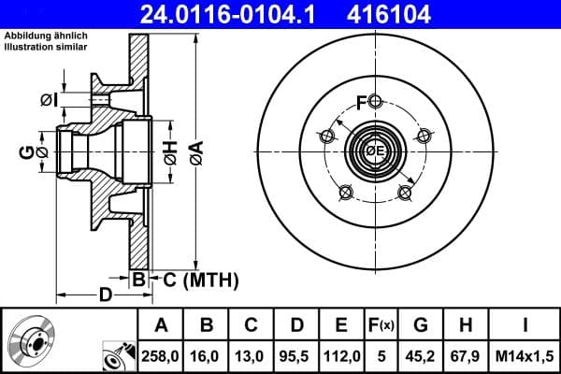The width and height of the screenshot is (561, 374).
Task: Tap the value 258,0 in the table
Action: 160,356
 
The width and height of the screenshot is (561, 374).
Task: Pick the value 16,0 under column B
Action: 207,356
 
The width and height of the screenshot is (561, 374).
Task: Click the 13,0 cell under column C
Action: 252,356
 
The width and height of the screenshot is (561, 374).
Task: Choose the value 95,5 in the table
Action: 296,356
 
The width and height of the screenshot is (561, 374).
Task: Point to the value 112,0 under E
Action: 341,356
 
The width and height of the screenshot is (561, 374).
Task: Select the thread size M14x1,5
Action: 525,356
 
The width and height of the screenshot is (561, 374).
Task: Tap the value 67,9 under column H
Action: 465,356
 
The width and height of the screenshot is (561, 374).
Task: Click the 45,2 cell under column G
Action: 420,356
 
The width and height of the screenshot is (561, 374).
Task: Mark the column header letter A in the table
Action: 160,325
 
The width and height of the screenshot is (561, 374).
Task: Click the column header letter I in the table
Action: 525,325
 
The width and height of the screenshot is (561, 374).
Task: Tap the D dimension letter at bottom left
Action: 106,295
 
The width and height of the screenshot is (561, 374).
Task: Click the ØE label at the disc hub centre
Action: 375,151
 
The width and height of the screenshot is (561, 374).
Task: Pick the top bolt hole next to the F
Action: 375,102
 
